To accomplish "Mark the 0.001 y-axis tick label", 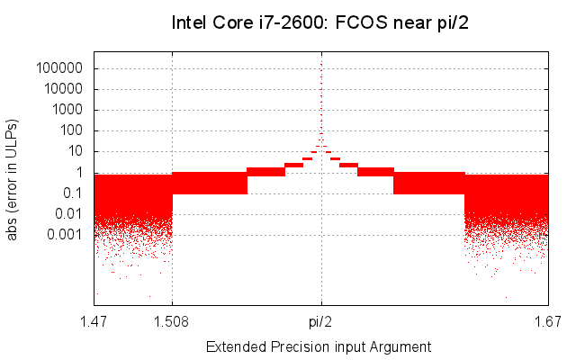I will click(67, 234).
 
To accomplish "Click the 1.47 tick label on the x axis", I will click(94, 319).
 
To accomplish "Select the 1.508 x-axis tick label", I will click(172, 319).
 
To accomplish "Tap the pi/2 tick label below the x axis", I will click(321, 319).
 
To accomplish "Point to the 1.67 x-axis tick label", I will click(547, 319).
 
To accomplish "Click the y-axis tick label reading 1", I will click(79, 172).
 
